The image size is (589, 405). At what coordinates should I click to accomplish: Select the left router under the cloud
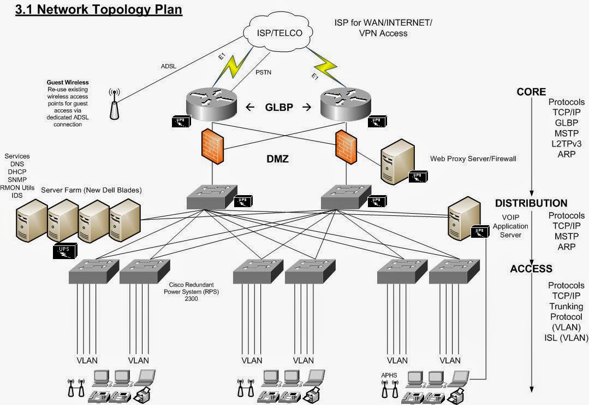coord(211,102)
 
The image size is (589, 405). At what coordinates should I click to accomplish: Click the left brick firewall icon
coord(211,145)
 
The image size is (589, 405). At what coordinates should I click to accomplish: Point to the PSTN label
coord(264,71)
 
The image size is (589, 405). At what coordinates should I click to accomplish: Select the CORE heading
coord(531,92)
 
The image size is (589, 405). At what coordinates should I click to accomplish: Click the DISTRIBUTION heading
coord(531,203)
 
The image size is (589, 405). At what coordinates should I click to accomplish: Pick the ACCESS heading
coord(531,268)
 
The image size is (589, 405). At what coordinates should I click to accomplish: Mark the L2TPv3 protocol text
coord(566,144)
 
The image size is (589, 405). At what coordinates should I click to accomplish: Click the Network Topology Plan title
coord(98,9)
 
